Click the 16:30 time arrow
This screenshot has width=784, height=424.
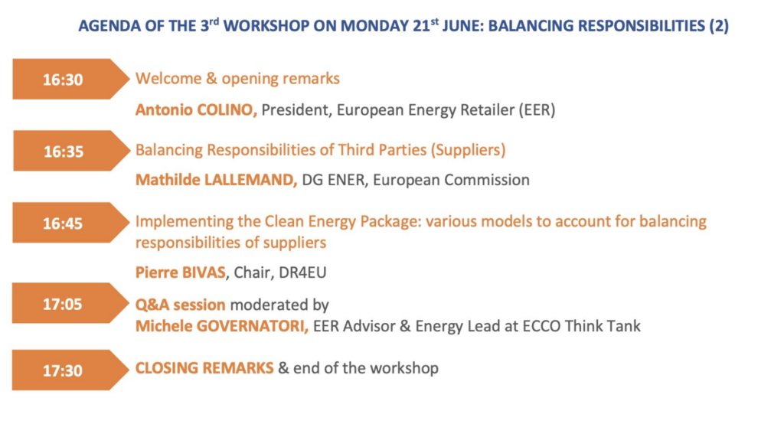(70, 79)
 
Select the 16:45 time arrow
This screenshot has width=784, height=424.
(70, 223)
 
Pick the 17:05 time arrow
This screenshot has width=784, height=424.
(70, 303)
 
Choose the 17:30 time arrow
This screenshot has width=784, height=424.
(70, 370)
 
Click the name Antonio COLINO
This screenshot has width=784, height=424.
(196, 110)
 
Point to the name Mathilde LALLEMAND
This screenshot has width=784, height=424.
(216, 180)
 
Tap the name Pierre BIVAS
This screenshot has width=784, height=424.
(181, 272)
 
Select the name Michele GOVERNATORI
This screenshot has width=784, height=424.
(221, 326)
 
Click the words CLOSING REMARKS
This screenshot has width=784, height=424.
(204, 368)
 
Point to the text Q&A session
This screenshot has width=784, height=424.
(181, 305)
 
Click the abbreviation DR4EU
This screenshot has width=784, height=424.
(302, 272)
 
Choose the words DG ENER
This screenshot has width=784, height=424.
(333, 180)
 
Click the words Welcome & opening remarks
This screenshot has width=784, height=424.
(237, 79)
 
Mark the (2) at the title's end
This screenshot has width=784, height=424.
(719, 26)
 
